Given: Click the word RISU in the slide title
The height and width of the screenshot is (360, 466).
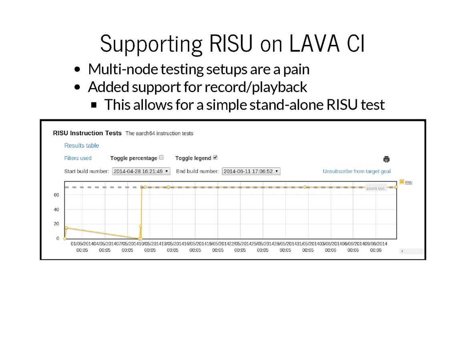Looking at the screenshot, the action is [x=231, y=44].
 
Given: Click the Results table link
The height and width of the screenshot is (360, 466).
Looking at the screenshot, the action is [x=81, y=145].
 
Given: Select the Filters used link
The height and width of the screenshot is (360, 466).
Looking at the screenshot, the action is [x=78, y=158].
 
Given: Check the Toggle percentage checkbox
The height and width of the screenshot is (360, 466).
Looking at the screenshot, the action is [x=161, y=157].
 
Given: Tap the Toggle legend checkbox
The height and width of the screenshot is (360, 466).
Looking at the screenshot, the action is [x=215, y=157].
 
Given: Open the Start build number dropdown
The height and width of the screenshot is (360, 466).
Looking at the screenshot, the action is [x=141, y=171].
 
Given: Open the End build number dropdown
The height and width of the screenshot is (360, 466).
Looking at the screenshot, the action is [x=251, y=171].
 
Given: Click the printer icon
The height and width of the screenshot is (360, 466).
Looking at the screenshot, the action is [x=386, y=159].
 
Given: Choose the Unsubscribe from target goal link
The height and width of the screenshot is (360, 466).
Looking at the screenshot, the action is [x=357, y=171].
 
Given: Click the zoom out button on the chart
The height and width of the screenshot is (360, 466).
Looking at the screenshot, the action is [x=376, y=188].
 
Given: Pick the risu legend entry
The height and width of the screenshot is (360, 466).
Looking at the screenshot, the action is [x=406, y=182].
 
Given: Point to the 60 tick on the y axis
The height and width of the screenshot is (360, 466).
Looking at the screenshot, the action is [x=56, y=195].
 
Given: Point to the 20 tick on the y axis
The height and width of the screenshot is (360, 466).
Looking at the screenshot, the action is [x=56, y=223].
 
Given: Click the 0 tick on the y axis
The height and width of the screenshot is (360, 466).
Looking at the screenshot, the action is [x=58, y=238].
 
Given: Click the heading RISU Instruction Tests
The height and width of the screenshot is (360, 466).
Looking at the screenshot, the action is [x=87, y=133].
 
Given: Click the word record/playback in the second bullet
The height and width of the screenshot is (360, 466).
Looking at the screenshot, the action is [x=256, y=87].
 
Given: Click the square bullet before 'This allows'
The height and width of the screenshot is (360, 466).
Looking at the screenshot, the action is [x=94, y=105].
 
